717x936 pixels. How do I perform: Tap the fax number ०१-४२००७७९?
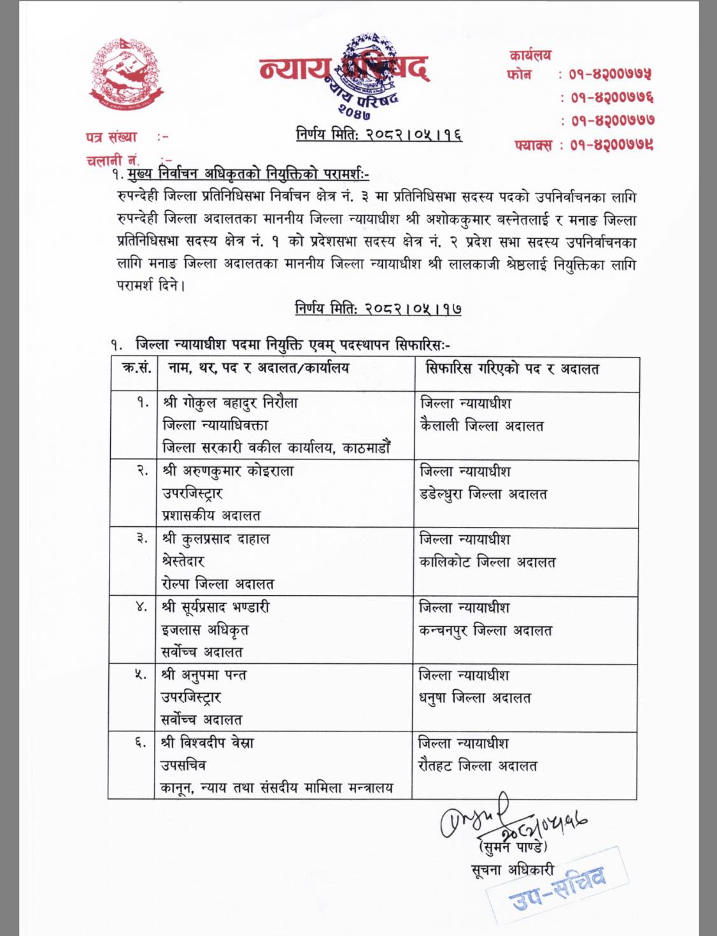pyautogui.click(x=611, y=145)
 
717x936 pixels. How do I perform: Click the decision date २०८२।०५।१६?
pyautogui.click(x=379, y=135)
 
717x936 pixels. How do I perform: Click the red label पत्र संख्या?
pyautogui.click(x=111, y=137)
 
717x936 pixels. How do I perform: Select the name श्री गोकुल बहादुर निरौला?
pyautogui.click(x=230, y=403)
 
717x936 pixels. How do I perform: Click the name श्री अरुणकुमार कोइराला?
pyautogui.click(x=228, y=472)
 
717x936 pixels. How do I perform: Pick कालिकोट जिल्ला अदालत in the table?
pyautogui.click(x=487, y=563)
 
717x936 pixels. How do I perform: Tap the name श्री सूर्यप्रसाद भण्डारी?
pyautogui.click(x=215, y=607)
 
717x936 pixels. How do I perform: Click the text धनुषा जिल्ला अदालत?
pyautogui.click(x=474, y=698)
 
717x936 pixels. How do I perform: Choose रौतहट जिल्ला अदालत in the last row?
pyautogui.click(x=478, y=767)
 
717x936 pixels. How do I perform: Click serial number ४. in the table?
pyautogui.click(x=141, y=607)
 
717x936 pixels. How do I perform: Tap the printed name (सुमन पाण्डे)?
pyautogui.click(x=511, y=847)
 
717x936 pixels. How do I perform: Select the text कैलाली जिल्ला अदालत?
pyautogui.click(x=481, y=426)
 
